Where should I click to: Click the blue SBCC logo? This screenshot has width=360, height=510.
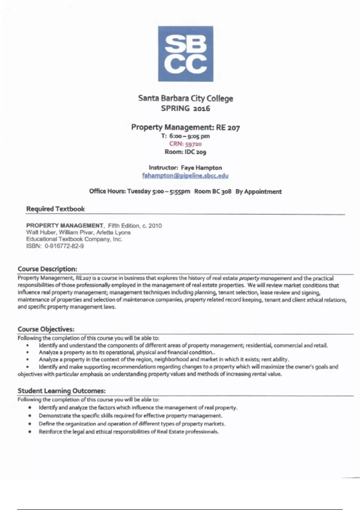coord(186,54)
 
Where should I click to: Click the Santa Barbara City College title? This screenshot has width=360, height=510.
coord(185,98)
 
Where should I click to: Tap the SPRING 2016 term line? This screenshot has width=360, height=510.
coord(185,108)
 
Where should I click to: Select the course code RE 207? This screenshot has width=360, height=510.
coord(228,127)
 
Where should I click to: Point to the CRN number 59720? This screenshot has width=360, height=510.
coord(193,144)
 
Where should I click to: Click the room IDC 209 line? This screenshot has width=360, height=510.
coord(185,152)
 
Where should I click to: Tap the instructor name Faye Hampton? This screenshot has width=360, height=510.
coord(201,168)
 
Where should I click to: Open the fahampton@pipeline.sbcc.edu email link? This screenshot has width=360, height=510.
coord(185,175)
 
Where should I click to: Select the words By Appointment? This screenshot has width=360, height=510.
coord(259,191)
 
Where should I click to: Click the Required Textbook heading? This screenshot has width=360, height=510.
coord(55,209)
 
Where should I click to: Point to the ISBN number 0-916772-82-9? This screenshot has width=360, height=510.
coord(64,246)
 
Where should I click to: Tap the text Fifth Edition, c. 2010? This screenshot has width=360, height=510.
coord(135,226)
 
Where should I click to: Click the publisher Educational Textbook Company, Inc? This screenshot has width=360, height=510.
coord(74,239)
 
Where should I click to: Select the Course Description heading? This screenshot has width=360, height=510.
coord(47,269)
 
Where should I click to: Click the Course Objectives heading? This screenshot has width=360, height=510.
coord(46,329)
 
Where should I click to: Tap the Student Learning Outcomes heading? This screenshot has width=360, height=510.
coord(61,391)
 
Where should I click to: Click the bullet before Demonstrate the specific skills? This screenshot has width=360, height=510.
coord(30,416)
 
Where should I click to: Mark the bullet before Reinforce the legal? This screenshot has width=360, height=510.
coord(30,432)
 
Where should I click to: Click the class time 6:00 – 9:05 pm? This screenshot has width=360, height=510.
coord(189,136)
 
